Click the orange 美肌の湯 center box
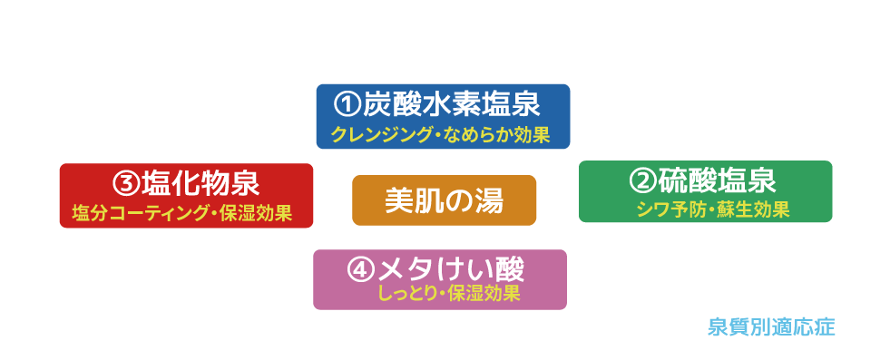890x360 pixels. [444, 200]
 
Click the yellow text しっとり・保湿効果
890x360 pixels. [449, 294]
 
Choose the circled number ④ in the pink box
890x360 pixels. [360, 268]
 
